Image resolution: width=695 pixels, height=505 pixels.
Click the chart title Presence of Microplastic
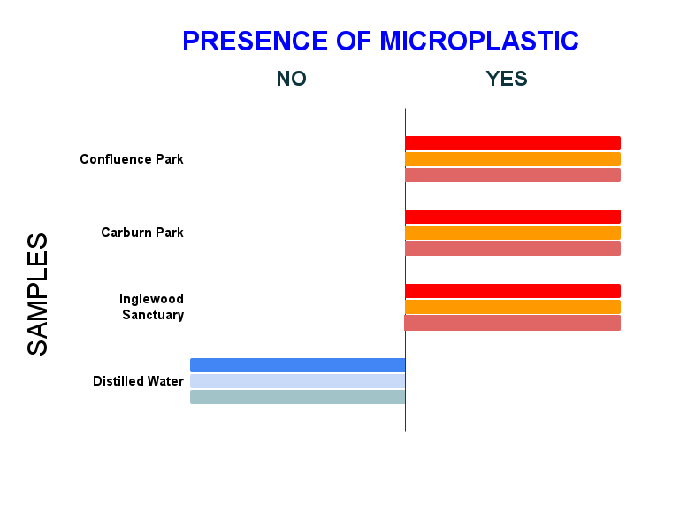pyautogui.click(x=380, y=42)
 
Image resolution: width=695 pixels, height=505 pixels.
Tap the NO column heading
pyautogui.click(x=291, y=79)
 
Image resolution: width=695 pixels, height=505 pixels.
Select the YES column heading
pyautogui.click(x=507, y=79)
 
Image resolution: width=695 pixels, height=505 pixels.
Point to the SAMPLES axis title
pyautogui.click(x=37, y=295)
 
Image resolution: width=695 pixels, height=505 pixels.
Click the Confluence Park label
pyautogui.click(x=132, y=159)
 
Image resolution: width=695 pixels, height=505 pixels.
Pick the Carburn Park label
pyautogui.click(x=142, y=233)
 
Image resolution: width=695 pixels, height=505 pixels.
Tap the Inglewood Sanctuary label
pyautogui.click(x=151, y=307)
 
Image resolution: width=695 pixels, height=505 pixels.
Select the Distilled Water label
pyautogui.click(x=138, y=381)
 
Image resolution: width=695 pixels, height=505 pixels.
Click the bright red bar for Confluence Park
pyautogui.click(x=513, y=143)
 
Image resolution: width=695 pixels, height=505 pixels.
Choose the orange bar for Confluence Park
pyautogui.click(x=513, y=159)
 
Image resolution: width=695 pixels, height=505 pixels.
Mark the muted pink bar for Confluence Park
pyautogui.click(x=513, y=175)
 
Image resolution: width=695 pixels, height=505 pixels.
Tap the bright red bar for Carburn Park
pyautogui.click(x=513, y=217)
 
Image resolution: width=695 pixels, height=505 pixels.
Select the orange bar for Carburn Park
pyautogui.click(x=513, y=233)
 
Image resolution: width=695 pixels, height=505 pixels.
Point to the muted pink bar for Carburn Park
pyautogui.click(x=513, y=249)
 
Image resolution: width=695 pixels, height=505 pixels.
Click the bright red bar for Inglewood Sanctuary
pyautogui.click(x=513, y=291)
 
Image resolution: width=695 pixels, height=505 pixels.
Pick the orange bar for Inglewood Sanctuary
pyautogui.click(x=513, y=307)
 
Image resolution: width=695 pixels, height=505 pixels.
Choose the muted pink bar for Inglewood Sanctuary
pyautogui.click(x=512, y=323)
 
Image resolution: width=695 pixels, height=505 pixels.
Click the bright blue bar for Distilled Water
pyautogui.click(x=298, y=365)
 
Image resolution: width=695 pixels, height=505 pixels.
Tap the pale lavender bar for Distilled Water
pyautogui.click(x=298, y=381)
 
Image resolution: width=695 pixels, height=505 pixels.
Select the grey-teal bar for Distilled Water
pyautogui.click(x=298, y=397)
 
